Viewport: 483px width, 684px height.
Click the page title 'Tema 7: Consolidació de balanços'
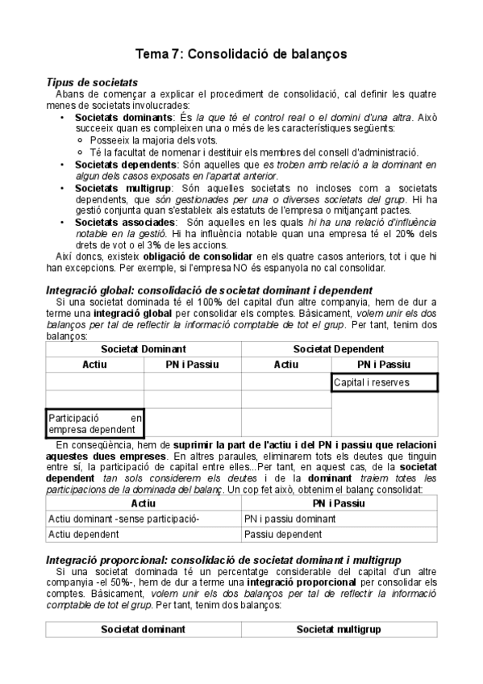241,54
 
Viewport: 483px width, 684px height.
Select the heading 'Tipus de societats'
92,82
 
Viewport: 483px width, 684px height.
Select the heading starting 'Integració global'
209,290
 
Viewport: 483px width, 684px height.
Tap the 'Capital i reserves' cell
384,382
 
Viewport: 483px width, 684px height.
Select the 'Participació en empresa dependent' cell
95,423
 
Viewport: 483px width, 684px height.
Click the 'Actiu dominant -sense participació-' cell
124,518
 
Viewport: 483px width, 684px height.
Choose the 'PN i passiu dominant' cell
289,518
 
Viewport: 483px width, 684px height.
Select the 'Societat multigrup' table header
339,628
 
